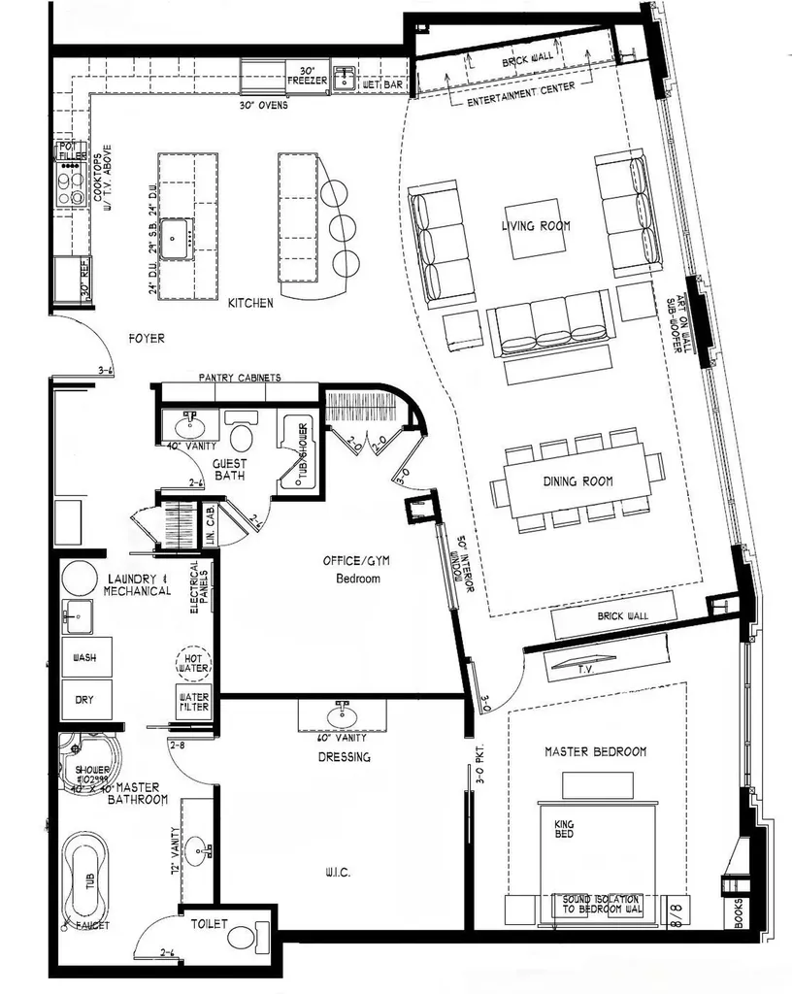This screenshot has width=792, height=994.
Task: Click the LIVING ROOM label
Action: click(536, 226)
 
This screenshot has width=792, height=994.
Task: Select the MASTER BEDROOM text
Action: click(595, 751)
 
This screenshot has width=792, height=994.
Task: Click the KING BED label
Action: click(564, 830)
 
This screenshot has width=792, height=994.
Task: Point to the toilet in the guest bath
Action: click(240, 428)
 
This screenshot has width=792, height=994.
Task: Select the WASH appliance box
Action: click(84, 658)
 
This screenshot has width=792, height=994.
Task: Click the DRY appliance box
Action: click(84, 700)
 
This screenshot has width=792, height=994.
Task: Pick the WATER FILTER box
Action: click(193, 701)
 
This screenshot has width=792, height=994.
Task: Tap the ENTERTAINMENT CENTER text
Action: click(520, 93)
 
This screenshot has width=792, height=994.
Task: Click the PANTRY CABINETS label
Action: click(239, 378)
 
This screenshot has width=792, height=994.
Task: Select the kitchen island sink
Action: click(177, 234)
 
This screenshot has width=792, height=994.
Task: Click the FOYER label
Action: click(147, 339)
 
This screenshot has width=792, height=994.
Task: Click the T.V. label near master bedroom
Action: click(587, 668)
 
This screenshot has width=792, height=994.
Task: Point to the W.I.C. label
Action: click(338, 874)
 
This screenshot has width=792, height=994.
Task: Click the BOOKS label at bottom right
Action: click(740, 913)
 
